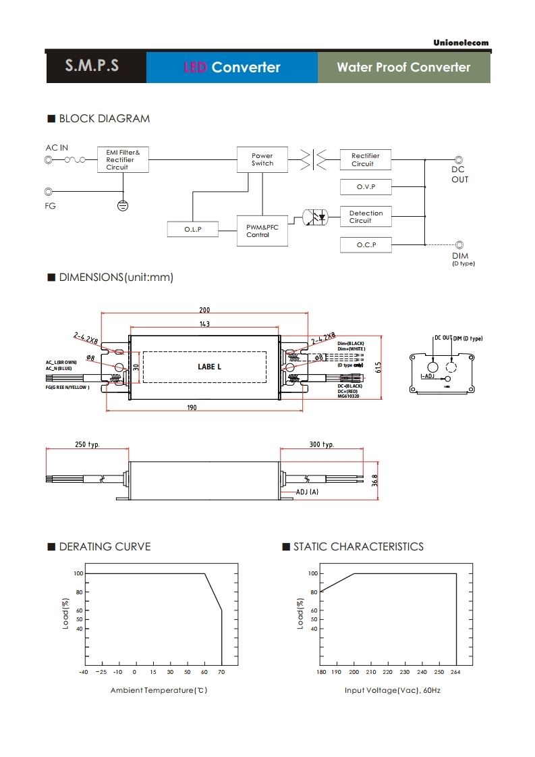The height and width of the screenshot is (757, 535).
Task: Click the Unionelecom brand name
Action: coord(461,43)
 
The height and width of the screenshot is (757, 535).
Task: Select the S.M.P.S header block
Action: coord(92,67)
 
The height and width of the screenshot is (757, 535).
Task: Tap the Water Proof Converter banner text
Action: coord(403,68)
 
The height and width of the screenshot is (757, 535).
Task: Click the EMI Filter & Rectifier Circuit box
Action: coord(123,159)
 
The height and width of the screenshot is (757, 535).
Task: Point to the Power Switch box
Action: coord(262,159)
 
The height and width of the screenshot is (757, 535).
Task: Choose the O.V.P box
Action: coord(366,186)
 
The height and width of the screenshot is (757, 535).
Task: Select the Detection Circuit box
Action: coord(366,217)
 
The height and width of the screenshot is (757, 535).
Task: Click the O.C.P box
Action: coord(366,244)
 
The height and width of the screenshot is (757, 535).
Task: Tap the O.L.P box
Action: coord(193,230)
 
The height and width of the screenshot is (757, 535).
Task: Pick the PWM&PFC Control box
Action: coord(262,231)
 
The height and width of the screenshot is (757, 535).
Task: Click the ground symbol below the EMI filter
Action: coord(123,205)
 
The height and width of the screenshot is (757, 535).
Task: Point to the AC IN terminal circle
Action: coord(49,160)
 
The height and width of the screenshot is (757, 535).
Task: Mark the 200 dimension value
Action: coord(204,311)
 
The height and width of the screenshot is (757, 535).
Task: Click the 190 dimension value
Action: coord(192,407)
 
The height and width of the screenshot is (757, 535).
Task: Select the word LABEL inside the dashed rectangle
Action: coord(209,367)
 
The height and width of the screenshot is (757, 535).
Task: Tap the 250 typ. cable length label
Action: coord(88,445)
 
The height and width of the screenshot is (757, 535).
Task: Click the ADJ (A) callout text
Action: coord(307,492)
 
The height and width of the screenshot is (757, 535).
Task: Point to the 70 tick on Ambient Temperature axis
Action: coord(222,672)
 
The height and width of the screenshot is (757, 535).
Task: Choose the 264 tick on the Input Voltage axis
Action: coord(456,672)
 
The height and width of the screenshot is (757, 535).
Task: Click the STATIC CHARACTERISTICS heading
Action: coord(358,546)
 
